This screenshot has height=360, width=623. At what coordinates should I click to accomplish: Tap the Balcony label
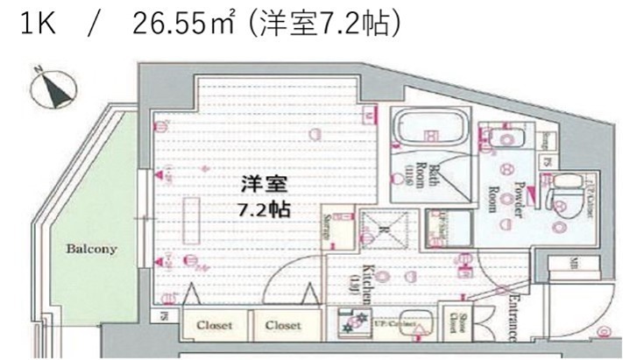tap(90, 249)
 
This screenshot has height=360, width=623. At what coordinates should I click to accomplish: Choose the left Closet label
tap(214, 325)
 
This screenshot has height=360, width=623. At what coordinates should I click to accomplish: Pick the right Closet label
tap(283, 325)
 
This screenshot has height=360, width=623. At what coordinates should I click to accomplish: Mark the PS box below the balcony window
tap(164, 316)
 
